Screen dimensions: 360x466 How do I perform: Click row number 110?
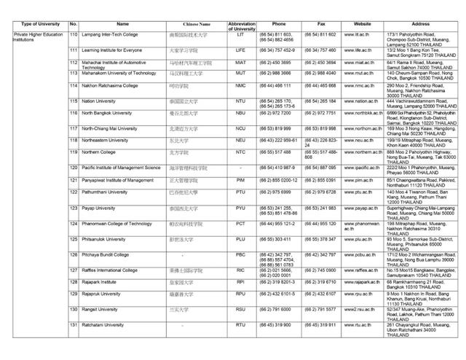coord(74,34)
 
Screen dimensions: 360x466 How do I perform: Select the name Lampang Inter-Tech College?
coord(111,34)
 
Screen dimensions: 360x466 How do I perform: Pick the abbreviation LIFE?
coord(240,50)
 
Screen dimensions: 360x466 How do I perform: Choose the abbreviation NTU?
coord(240,101)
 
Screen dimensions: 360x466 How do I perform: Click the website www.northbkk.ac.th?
coord(362,113)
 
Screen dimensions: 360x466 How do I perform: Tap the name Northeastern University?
coord(107,140)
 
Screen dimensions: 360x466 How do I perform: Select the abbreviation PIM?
coord(240,179)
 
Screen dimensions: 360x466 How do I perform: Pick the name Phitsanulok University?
coord(108,238)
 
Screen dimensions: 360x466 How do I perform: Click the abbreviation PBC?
coord(240,254)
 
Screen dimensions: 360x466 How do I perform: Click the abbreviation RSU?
coord(240,309)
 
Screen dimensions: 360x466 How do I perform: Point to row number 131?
coord(74,324)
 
